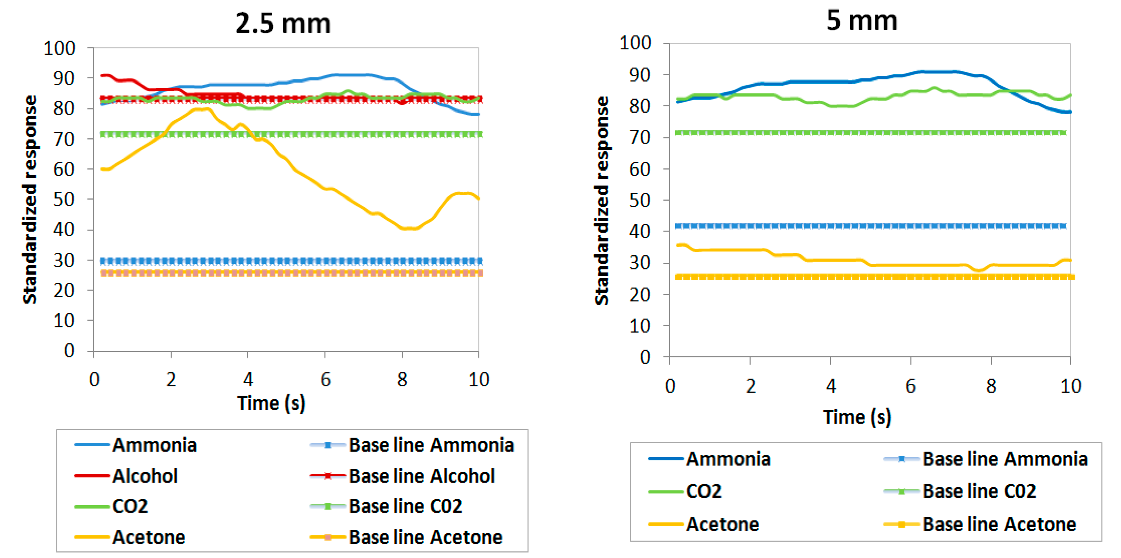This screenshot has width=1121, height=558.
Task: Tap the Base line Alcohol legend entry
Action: coord(421,476)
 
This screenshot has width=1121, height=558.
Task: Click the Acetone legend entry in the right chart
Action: coord(722,524)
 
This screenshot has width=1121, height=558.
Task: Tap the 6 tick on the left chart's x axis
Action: coord(325,380)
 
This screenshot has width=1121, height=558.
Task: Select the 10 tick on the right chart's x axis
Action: coord(1071,386)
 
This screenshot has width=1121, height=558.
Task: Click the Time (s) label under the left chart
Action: coord(271,403)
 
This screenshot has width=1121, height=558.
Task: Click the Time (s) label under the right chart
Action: coord(857,417)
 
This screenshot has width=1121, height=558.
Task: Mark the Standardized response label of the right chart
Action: coord(601,200)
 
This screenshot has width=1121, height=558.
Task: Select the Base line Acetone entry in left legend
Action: coord(425,537)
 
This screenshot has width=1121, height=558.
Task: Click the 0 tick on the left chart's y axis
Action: coord(69,350)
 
